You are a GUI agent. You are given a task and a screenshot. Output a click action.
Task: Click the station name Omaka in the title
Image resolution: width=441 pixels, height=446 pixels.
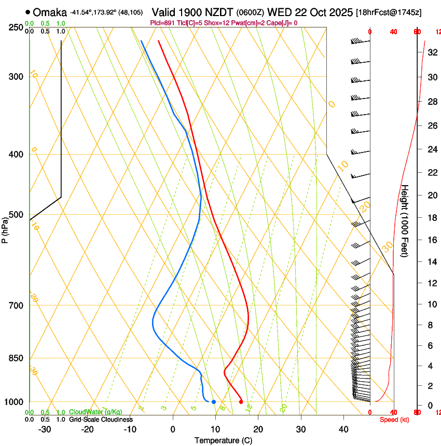(50, 12)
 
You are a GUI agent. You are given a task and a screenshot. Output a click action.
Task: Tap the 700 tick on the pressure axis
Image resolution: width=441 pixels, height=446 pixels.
(16, 305)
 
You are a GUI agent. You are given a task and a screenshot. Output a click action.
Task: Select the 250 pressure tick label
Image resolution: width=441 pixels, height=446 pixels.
(16, 27)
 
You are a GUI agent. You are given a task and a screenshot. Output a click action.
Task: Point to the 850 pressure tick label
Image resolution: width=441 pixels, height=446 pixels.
(16, 358)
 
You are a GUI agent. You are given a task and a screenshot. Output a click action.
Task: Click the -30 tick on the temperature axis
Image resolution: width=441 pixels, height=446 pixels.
(44, 429)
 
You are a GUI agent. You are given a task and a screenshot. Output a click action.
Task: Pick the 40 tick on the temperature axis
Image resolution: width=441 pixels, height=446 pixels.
(343, 429)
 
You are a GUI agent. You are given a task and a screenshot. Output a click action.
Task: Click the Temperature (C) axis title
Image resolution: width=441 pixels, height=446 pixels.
(223, 440)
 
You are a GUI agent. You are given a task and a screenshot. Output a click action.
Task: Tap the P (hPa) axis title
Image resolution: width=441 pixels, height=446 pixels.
(5, 228)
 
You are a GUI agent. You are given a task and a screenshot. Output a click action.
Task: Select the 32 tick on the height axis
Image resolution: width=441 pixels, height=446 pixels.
(432, 52)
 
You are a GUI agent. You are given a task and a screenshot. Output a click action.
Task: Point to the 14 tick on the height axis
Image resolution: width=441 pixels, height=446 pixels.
(432, 262)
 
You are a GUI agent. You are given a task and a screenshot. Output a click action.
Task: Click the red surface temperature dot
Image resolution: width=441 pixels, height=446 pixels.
(241, 402)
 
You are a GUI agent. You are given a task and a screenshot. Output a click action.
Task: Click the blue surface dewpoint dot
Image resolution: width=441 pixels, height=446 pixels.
(213, 402)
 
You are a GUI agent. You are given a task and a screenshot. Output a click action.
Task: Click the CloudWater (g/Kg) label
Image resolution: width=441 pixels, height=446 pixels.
(95, 412)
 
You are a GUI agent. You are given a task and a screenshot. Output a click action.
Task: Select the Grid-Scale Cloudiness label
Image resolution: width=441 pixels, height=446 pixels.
(101, 420)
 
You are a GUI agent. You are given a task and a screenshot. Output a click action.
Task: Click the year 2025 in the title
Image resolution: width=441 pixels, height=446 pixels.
(339, 12)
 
